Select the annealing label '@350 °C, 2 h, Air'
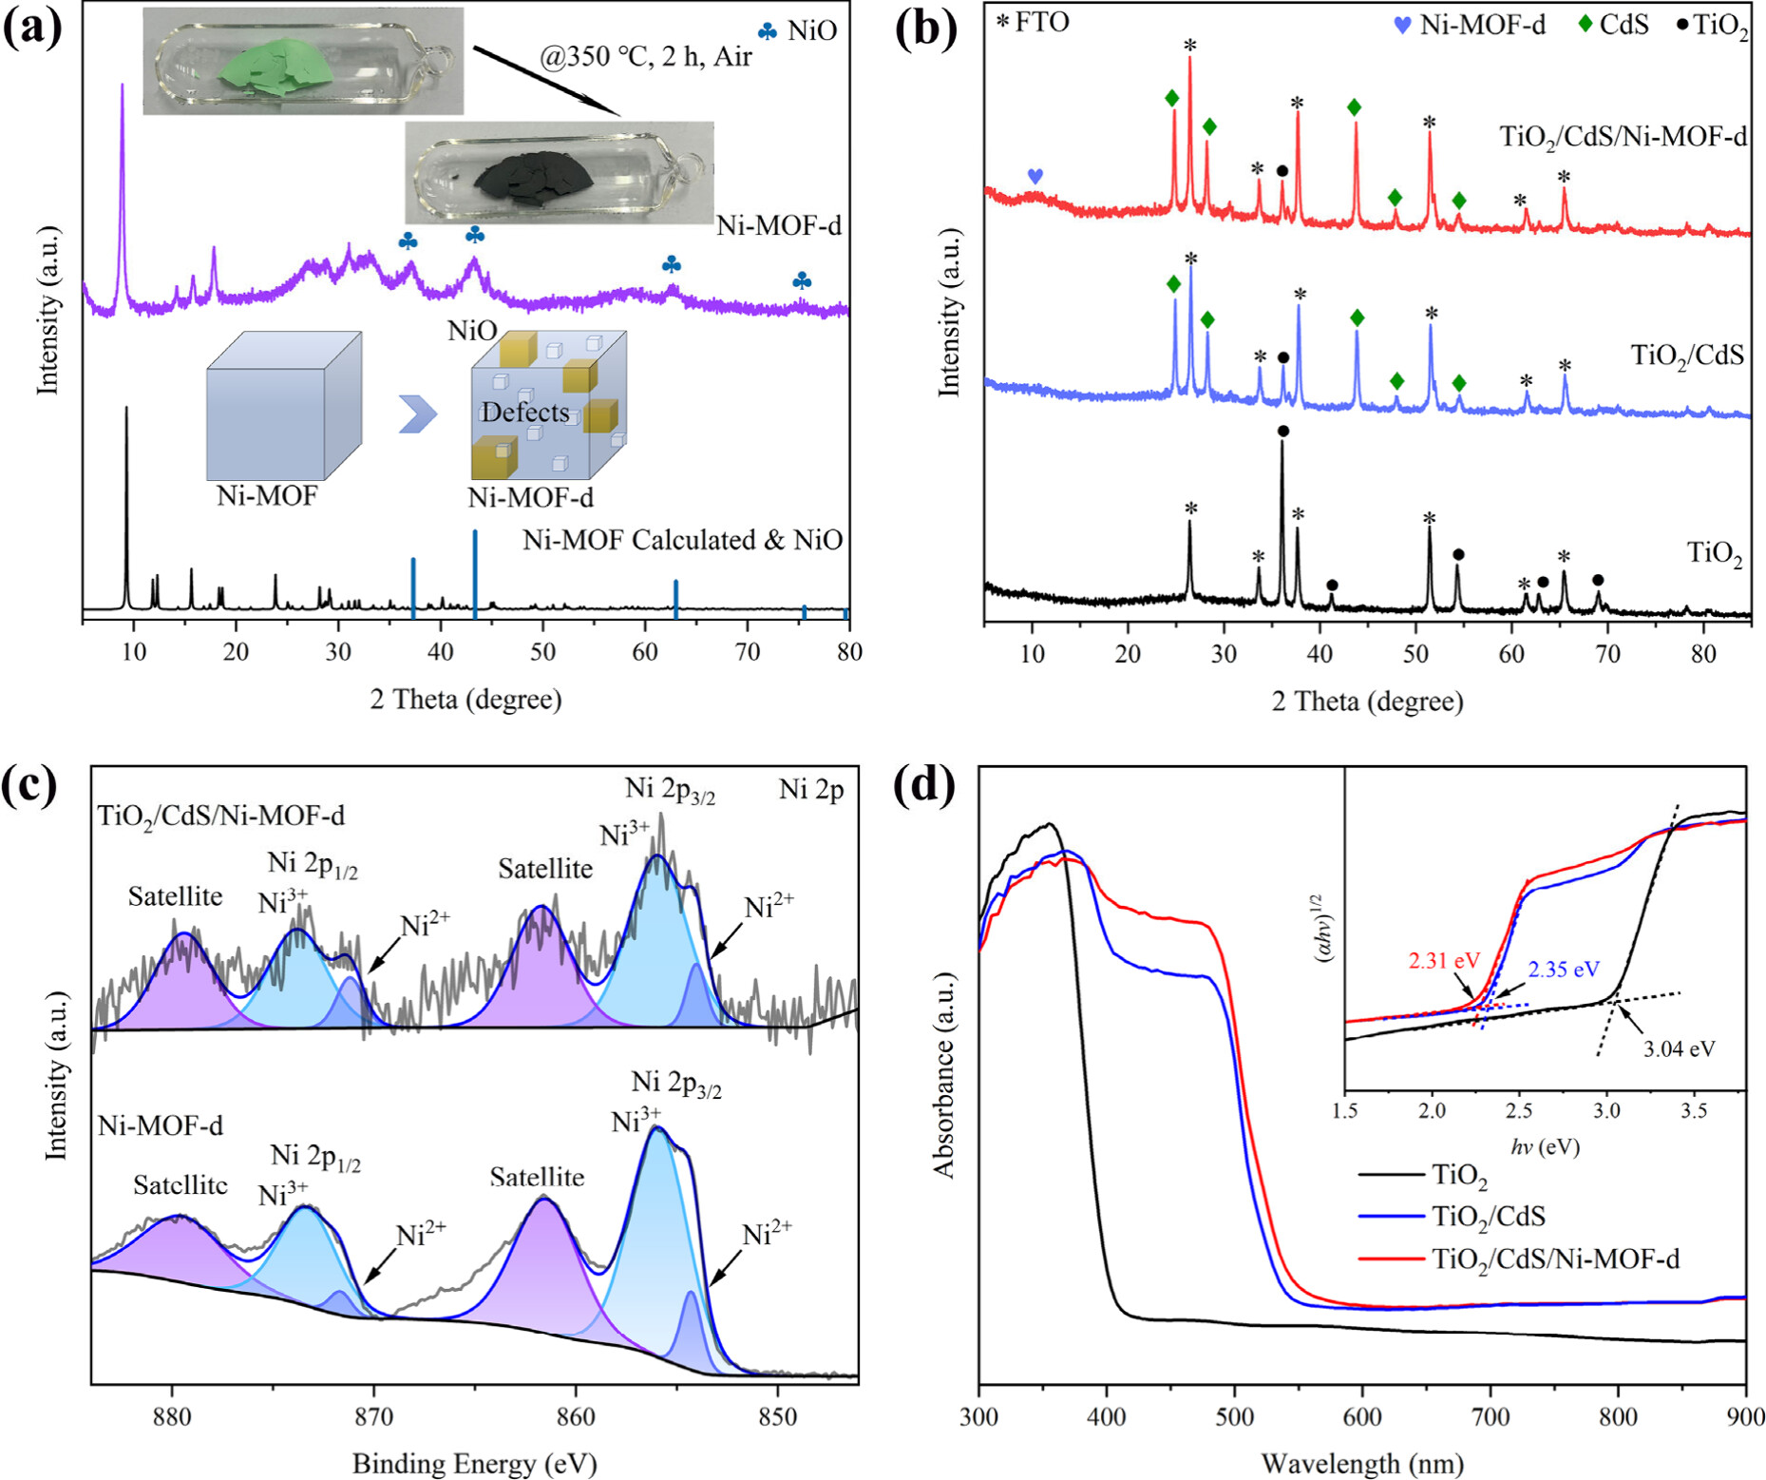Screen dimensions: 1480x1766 (645, 57)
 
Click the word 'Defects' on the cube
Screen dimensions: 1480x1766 (524, 413)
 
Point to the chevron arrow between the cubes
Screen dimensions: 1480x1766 (418, 413)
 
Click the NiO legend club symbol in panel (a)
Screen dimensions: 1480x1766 (768, 31)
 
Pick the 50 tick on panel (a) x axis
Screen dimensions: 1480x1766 (542, 652)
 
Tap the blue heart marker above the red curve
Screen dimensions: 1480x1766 (1035, 176)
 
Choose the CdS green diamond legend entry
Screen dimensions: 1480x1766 (1585, 24)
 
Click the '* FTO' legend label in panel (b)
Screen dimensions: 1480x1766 (1033, 22)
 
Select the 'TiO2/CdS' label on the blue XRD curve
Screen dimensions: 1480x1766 (1687, 356)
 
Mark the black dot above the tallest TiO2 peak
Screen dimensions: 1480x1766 (1282, 432)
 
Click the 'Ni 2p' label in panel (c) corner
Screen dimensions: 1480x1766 (811, 789)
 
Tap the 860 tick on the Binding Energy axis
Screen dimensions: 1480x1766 (576, 1416)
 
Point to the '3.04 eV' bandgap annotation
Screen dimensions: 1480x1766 (1679, 1049)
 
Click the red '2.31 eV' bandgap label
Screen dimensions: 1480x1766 (1442, 961)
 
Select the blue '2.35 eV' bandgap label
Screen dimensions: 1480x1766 (1564, 970)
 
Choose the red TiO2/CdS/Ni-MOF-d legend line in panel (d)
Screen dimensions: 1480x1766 (1392, 1259)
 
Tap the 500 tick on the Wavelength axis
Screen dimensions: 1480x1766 (1234, 1417)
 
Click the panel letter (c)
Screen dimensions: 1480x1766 (32, 785)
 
